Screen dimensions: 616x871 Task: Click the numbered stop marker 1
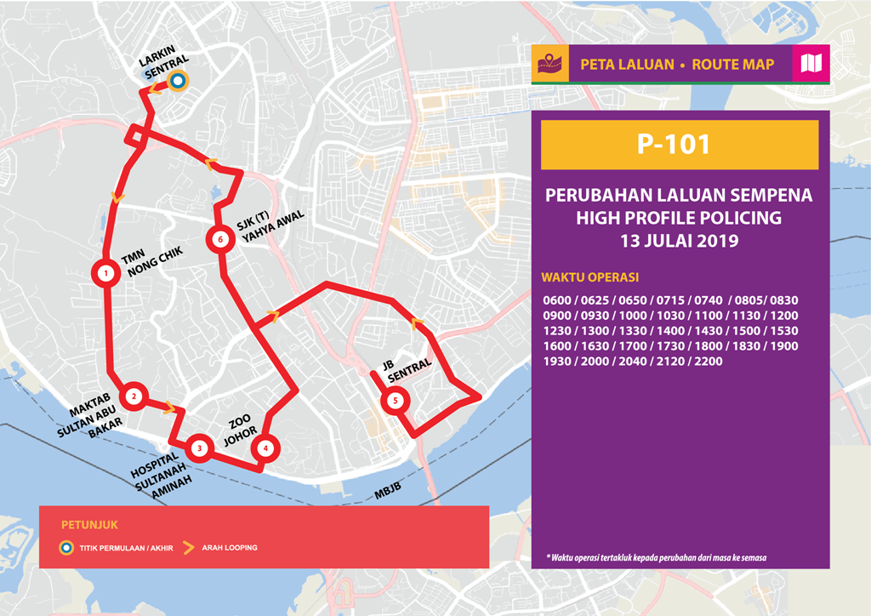tap(105, 274)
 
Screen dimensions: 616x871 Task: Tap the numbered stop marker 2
tap(134, 396)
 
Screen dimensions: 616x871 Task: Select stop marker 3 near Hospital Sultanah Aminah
tap(198, 448)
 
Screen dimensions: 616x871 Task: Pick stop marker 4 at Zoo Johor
tap(265, 448)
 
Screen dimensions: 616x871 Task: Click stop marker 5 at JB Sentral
tap(394, 401)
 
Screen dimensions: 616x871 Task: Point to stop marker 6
tap(220, 240)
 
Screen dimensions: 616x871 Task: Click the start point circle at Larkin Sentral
tap(178, 81)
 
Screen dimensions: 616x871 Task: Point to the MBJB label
tap(386, 491)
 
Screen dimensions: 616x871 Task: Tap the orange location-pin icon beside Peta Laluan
tap(545, 64)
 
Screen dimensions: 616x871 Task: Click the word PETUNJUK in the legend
tap(83, 524)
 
